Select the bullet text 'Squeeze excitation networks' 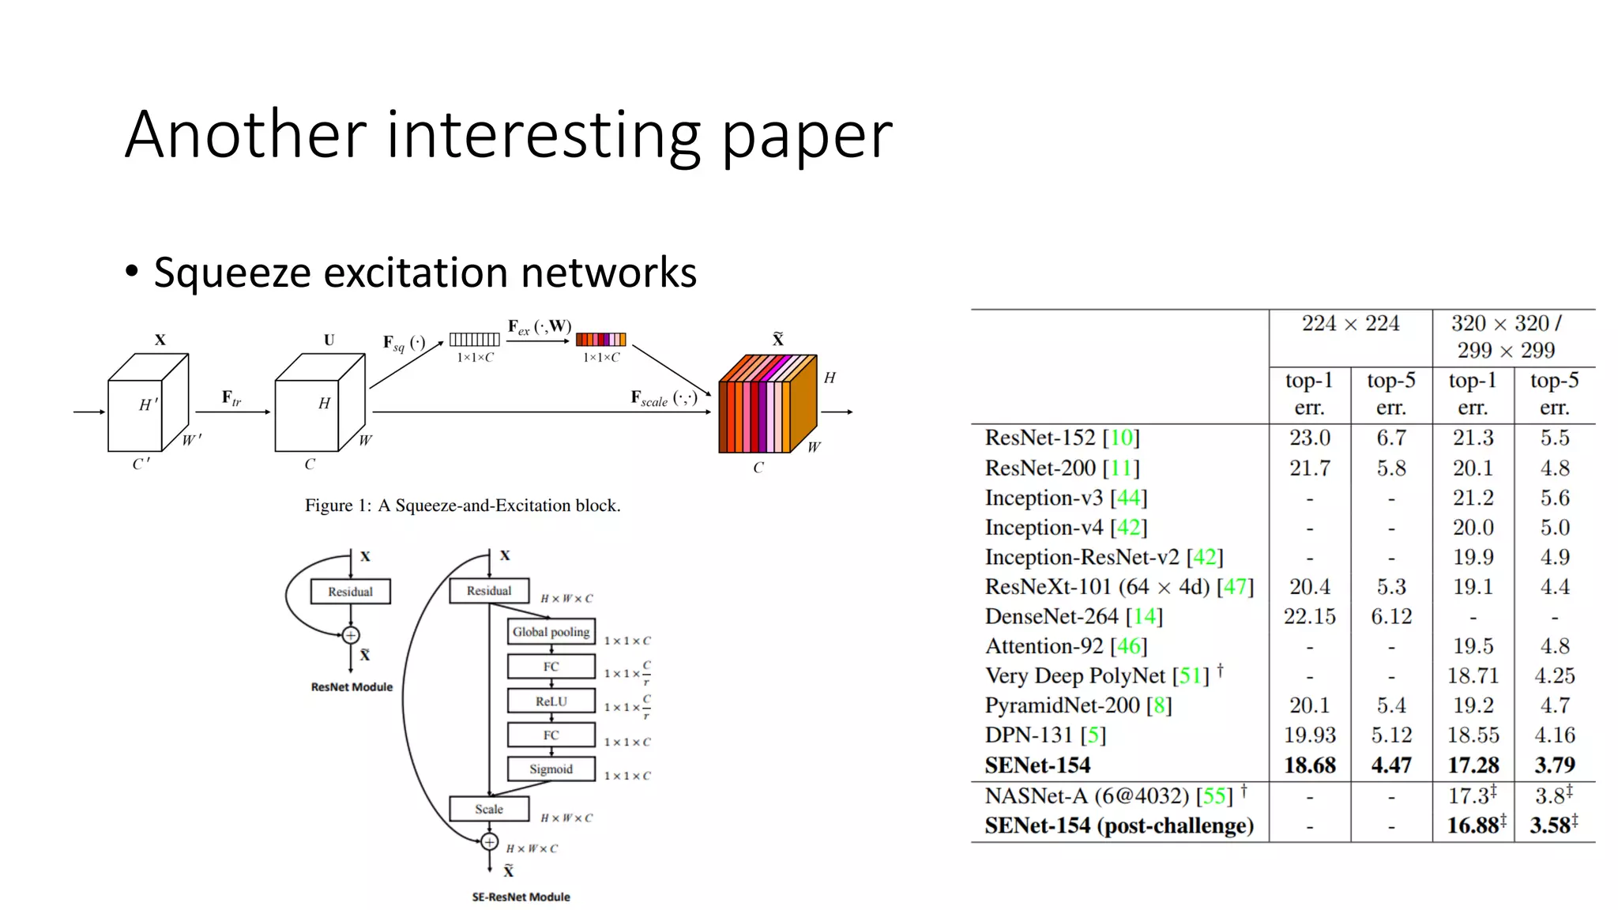(425, 273)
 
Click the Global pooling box (551, 632)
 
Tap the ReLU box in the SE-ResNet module (551, 701)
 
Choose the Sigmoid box (551, 769)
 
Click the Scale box (489, 809)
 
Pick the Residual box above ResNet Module (350, 592)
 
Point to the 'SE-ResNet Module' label (521, 897)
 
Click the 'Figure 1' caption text (462, 506)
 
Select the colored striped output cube (766, 404)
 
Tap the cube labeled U (319, 404)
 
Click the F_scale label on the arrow (663, 398)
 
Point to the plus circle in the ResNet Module (351, 635)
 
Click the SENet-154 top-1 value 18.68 (1309, 765)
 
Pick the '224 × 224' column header (1350, 324)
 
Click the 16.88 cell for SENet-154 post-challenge (1473, 825)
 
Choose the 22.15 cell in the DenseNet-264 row (1309, 616)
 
